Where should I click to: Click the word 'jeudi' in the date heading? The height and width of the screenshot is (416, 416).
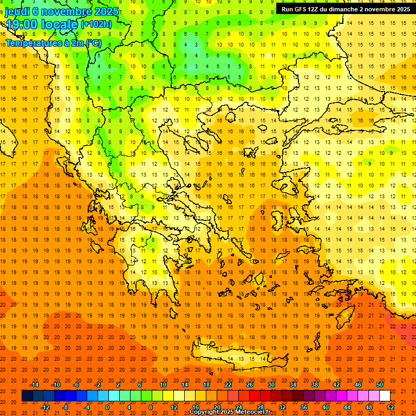tap(17, 11)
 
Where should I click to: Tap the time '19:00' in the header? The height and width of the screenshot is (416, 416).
tap(22, 24)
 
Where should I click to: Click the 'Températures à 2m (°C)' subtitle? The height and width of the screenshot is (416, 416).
tap(53, 43)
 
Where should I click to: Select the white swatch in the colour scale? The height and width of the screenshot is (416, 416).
tap(385, 396)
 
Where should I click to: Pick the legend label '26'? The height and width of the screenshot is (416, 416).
tap(250, 385)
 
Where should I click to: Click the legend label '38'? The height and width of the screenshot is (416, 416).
tap(315, 385)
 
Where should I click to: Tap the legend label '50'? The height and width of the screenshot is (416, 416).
tap(380, 385)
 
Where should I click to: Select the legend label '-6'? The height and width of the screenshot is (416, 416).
tap(76, 385)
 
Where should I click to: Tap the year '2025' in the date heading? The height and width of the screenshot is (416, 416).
tap(102, 11)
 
